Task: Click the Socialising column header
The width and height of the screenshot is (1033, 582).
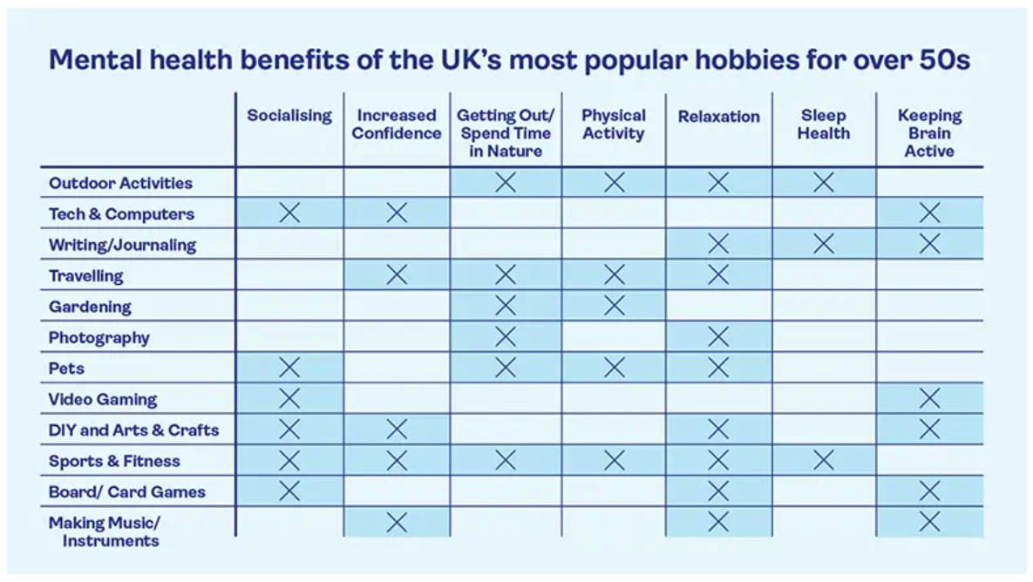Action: click(289, 116)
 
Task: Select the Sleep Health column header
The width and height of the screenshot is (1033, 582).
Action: click(823, 125)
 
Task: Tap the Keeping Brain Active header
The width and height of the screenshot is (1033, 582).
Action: click(929, 133)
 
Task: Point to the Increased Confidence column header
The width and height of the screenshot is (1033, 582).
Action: click(397, 125)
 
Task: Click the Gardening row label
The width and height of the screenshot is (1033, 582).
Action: click(90, 307)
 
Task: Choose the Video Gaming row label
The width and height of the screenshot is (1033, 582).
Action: click(103, 400)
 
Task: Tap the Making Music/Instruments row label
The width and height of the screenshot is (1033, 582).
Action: click(104, 531)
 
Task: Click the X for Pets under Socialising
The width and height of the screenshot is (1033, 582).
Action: click(289, 369)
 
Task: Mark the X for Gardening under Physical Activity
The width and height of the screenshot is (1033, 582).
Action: click(614, 306)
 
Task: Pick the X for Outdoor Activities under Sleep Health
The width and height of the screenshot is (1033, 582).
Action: click(823, 183)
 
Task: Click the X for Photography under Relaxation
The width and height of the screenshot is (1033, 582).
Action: click(717, 337)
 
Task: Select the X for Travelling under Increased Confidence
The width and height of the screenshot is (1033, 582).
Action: click(397, 275)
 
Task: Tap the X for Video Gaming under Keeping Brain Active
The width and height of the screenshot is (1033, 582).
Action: click(929, 399)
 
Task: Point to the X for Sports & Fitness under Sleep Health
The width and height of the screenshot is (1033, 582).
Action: click(823, 461)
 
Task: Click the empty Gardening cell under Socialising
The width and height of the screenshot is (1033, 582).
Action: click(289, 307)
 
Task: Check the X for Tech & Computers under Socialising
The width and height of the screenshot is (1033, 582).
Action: click(289, 213)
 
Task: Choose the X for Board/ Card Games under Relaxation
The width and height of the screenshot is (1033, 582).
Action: click(717, 491)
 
